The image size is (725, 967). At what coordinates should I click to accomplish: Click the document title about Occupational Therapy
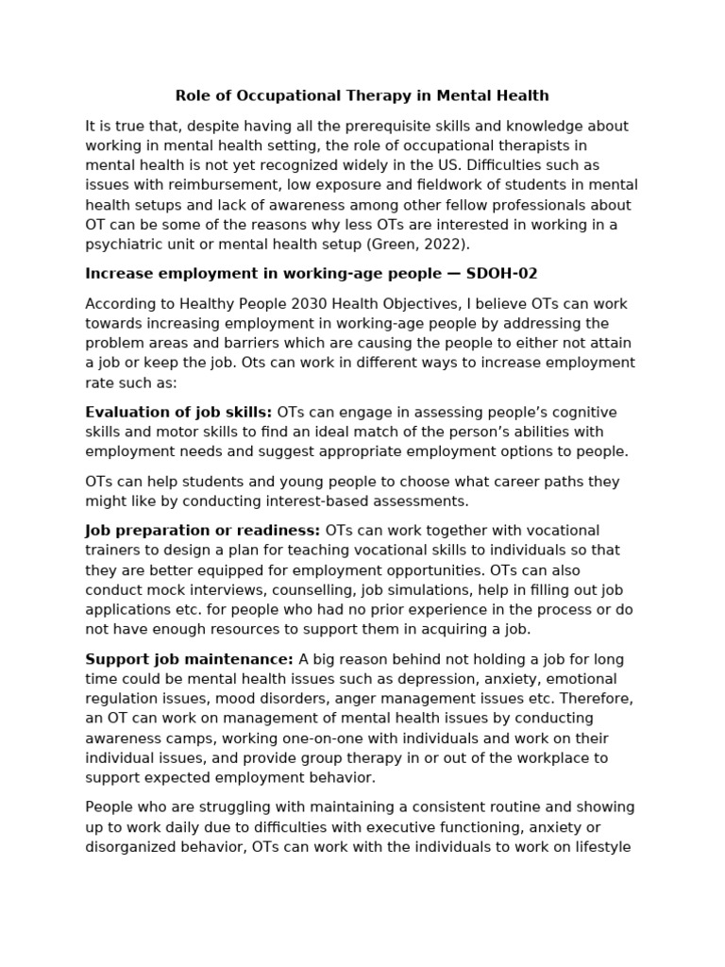[362, 95]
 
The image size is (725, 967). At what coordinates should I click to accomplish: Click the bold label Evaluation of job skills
[178, 413]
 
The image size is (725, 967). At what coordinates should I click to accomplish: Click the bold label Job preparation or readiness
[202, 531]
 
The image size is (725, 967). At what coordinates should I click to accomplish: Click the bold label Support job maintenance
[189, 659]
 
